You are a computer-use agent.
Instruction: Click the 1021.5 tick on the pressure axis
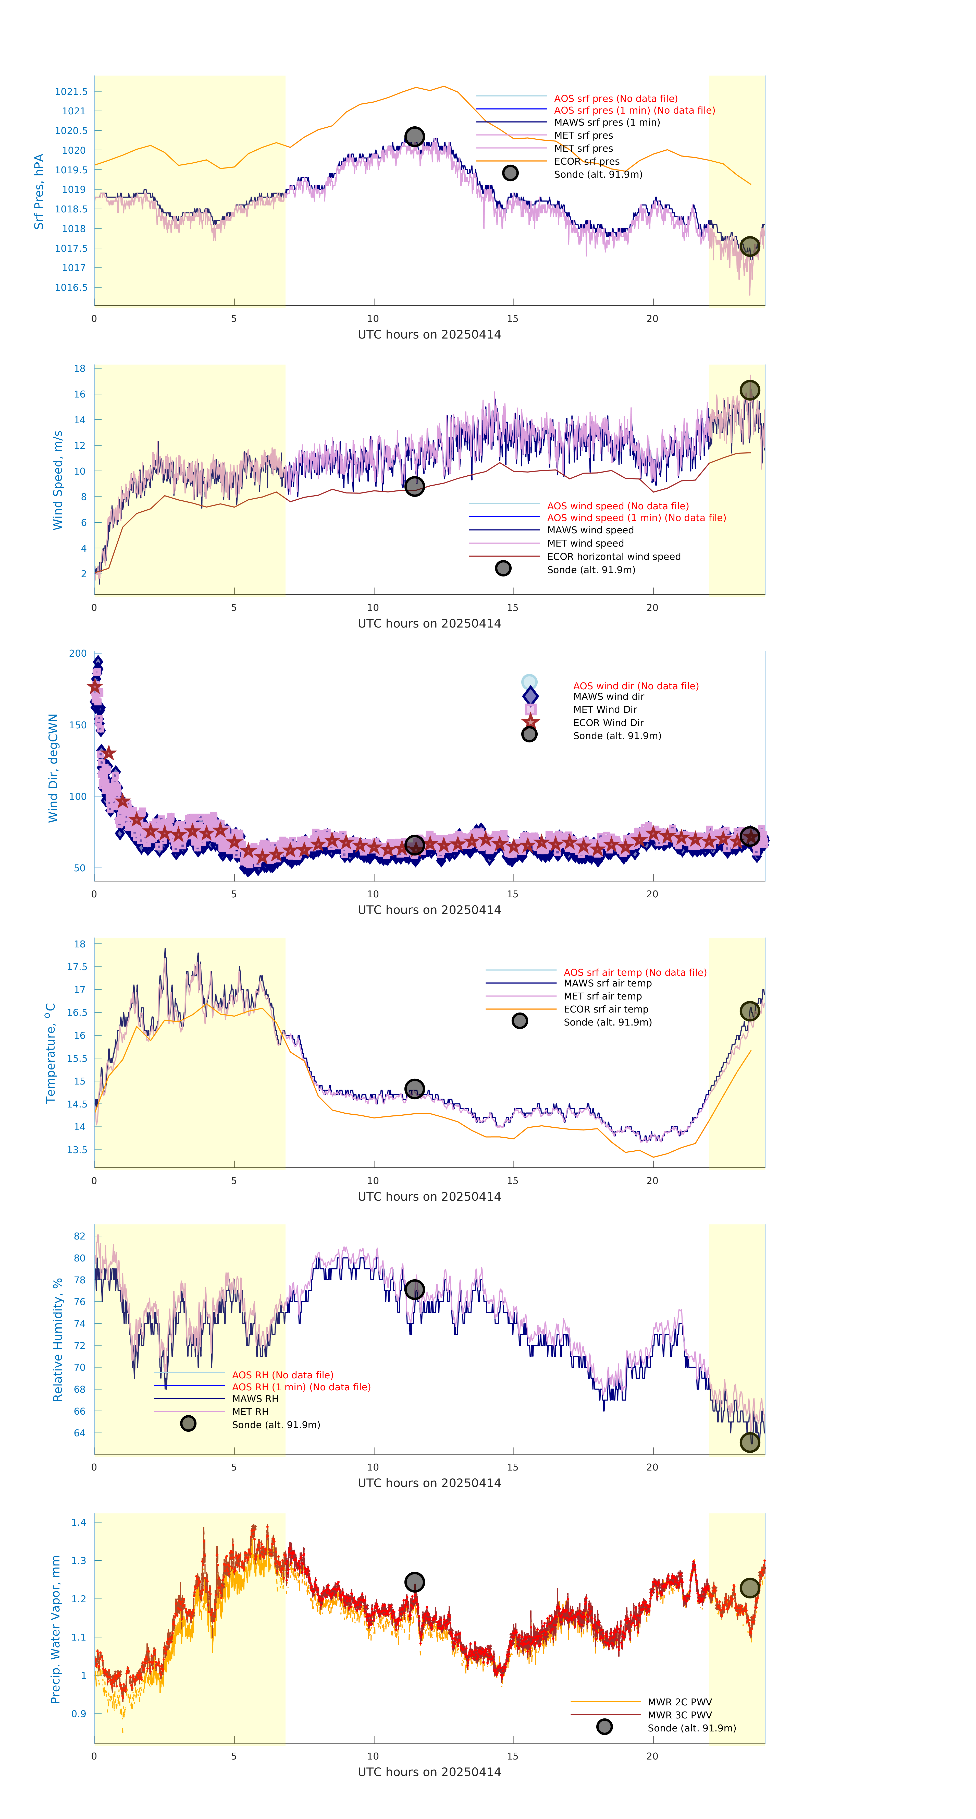click(x=71, y=92)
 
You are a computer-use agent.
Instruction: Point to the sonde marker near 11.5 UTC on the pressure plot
click(x=414, y=136)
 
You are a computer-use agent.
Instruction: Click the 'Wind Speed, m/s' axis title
click(x=58, y=480)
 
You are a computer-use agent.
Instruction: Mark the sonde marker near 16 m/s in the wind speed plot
click(x=749, y=391)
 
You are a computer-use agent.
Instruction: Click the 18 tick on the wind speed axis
click(x=80, y=369)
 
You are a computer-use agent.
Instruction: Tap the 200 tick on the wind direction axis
click(x=78, y=654)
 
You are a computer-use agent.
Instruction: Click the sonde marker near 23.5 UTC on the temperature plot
click(x=749, y=1011)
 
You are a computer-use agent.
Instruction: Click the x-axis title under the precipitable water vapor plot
click(x=429, y=1772)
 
